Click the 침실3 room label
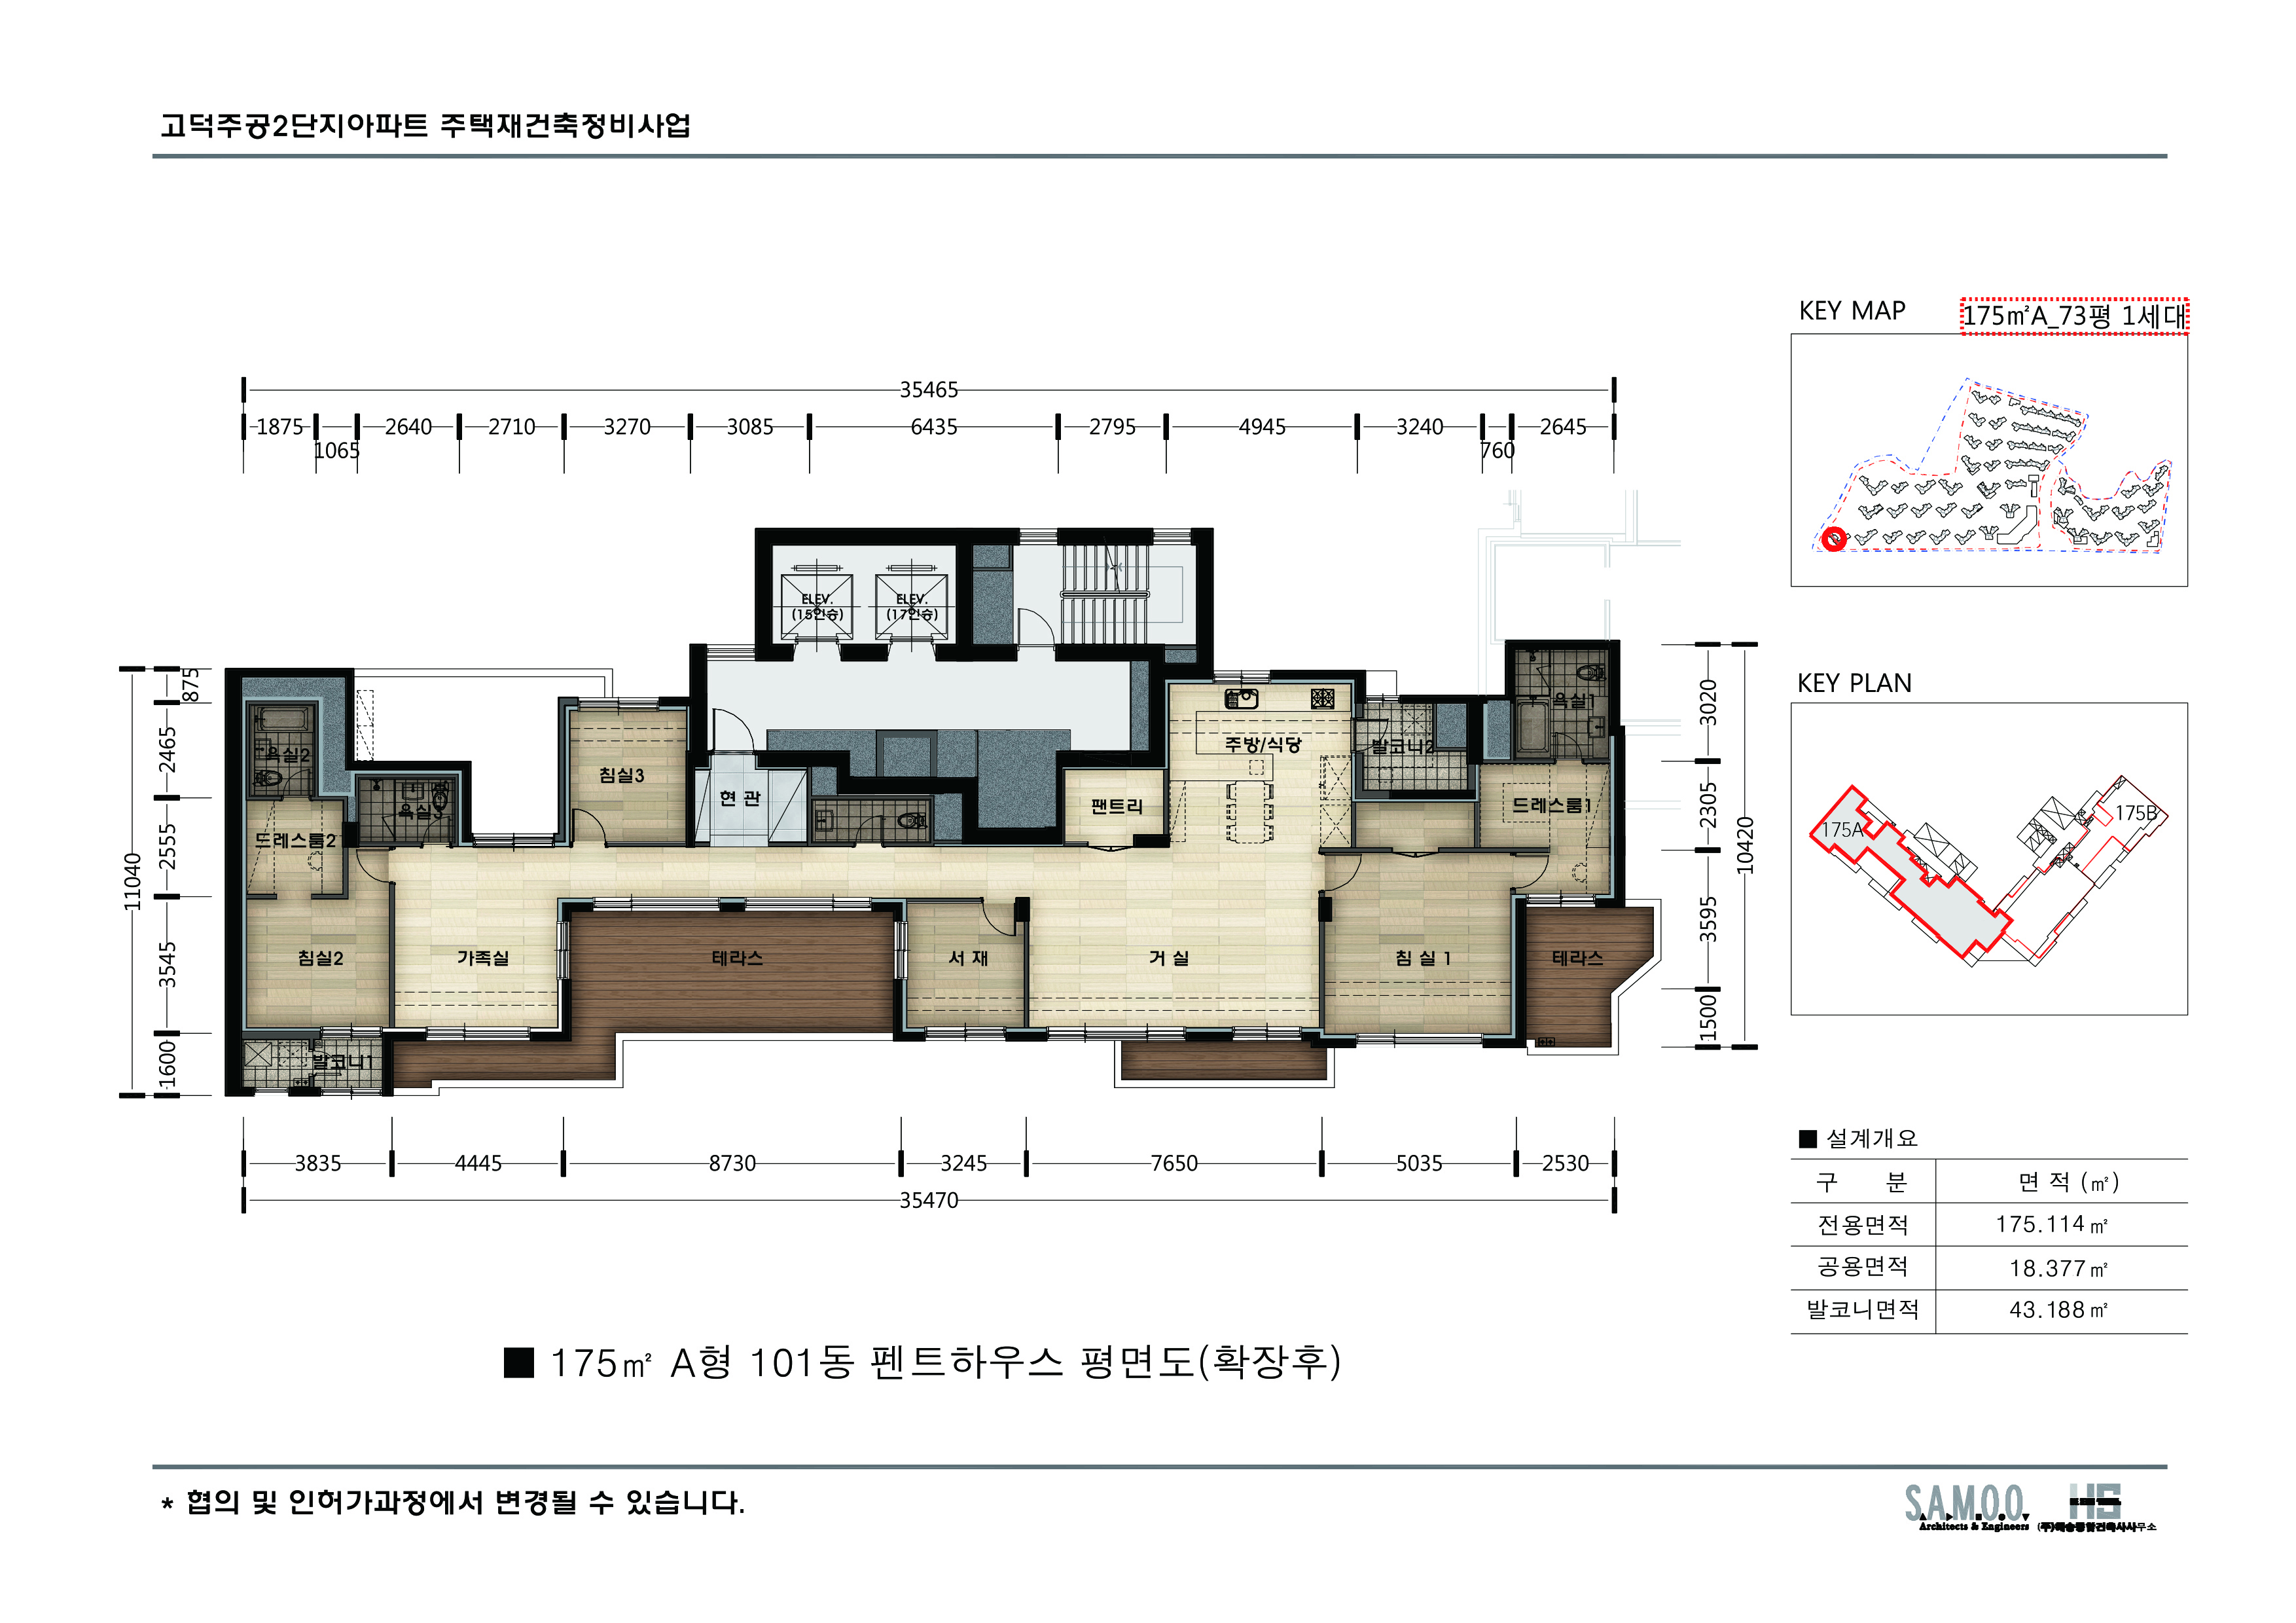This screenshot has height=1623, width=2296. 621,775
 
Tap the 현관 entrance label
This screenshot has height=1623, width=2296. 740,798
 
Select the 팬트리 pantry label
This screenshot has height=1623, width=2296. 1116,806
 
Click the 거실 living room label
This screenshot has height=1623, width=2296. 1169,958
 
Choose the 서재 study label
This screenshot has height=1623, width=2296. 968,958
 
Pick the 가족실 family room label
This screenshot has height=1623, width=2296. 483,958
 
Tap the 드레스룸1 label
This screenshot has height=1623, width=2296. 1550,805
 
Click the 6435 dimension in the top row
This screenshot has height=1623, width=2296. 933,427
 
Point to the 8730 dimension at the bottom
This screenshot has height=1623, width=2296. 732,1163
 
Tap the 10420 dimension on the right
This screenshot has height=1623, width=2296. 1745,845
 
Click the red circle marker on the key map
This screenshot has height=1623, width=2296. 1833,540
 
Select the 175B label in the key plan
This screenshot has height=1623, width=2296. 2135,813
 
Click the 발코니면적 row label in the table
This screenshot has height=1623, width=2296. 1862,1310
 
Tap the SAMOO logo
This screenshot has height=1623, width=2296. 1965,1505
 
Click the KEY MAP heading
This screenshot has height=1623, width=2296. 1852,311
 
